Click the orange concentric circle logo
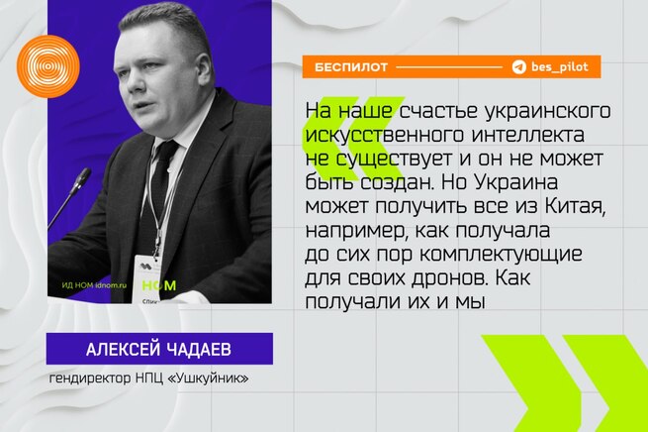[x=47, y=66]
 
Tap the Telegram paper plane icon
[x=518, y=66]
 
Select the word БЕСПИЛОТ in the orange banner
[x=351, y=67]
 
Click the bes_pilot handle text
[x=560, y=66]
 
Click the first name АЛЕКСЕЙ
[x=124, y=349]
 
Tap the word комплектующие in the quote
[x=501, y=255]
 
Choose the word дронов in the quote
[x=450, y=278]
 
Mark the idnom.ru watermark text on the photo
[x=111, y=285]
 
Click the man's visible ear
[x=204, y=69]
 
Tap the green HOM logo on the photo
[x=159, y=285]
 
